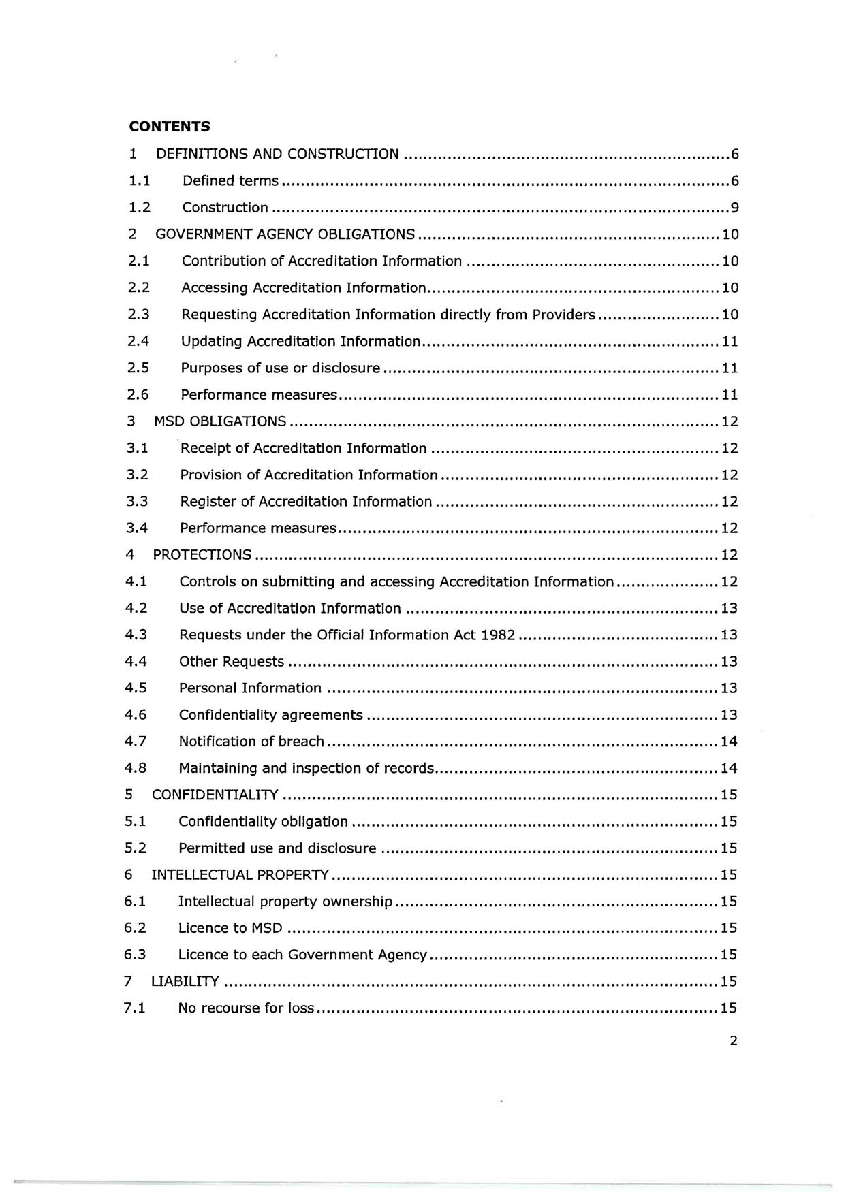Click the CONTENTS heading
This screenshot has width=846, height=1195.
[170, 127]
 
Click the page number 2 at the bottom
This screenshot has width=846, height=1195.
[733, 1040]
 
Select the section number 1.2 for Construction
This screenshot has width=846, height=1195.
[139, 208]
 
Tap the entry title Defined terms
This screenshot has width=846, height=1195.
[230, 181]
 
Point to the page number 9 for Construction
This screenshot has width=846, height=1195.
[734, 208]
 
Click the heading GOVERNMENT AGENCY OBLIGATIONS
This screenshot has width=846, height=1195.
[285, 234]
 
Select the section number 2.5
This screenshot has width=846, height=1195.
[138, 368]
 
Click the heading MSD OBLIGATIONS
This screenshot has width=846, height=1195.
[220, 421]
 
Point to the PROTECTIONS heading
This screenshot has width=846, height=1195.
[202, 555]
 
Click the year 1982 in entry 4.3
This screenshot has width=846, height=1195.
[498, 635]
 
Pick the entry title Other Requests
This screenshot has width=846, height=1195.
[231, 662]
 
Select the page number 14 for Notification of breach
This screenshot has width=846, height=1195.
[729, 742]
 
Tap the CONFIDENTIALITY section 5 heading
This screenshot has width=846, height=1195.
[215, 795]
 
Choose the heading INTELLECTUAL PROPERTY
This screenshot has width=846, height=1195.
[240, 875]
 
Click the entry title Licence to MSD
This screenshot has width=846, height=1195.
[230, 928]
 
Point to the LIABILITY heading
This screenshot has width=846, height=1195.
[185, 981]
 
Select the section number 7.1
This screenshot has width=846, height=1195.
[135, 1008]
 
